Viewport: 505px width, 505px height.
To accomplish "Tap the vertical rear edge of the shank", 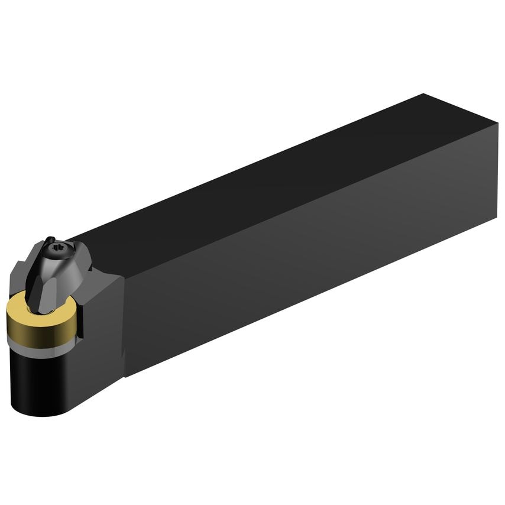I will coord(497,171).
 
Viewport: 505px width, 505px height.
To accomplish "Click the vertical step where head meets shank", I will coord(124,325).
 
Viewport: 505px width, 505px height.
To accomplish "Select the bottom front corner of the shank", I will coord(125,375).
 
